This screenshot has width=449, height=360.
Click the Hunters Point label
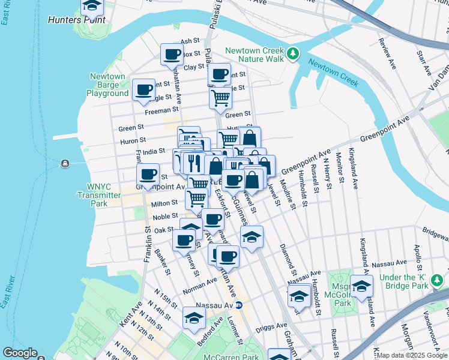[76, 20]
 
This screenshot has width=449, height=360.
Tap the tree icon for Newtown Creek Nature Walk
[292, 54]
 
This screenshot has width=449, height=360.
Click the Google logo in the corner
[20, 353]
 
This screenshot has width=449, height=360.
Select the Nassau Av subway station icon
[238, 305]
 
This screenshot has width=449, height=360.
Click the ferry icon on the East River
[65, 164]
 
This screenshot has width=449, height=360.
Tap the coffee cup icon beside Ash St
[172, 54]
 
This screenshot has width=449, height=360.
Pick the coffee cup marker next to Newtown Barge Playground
[143, 89]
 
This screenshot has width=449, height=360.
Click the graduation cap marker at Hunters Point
[92, 6]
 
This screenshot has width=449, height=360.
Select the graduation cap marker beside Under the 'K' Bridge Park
[361, 286]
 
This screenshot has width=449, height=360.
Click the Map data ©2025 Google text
[411, 355]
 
